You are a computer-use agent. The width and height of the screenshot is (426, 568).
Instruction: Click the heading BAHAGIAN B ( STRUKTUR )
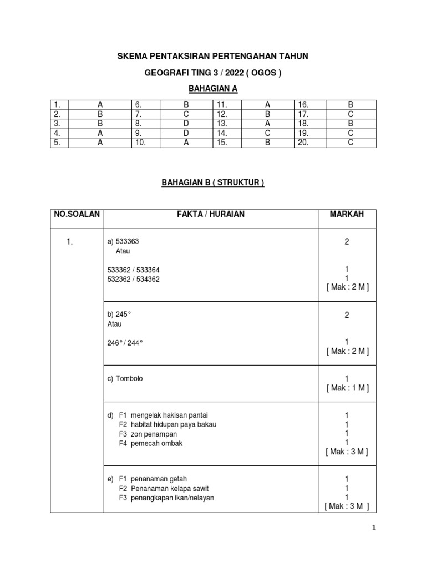coord(213,182)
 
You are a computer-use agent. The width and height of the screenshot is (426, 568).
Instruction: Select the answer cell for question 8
coord(186,123)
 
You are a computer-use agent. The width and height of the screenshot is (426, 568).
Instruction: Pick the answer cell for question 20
coord(350,143)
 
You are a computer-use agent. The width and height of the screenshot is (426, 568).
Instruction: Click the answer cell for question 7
coord(186,114)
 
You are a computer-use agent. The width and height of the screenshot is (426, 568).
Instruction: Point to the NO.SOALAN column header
coord(77,215)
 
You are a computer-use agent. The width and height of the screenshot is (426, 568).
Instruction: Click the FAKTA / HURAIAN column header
coord(211,215)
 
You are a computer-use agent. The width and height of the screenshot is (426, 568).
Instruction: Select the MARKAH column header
coord(347,215)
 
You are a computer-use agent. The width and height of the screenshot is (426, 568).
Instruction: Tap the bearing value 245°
coord(124,315)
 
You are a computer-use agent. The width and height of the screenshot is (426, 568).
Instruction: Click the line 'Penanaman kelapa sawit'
coord(170,488)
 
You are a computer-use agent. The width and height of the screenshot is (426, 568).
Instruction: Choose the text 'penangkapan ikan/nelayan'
coord(173,498)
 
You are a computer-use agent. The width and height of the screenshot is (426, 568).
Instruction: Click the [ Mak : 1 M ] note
coord(347,388)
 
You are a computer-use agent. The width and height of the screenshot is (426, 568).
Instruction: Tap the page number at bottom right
coord(374,528)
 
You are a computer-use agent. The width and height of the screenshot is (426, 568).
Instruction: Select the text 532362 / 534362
coord(134,279)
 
